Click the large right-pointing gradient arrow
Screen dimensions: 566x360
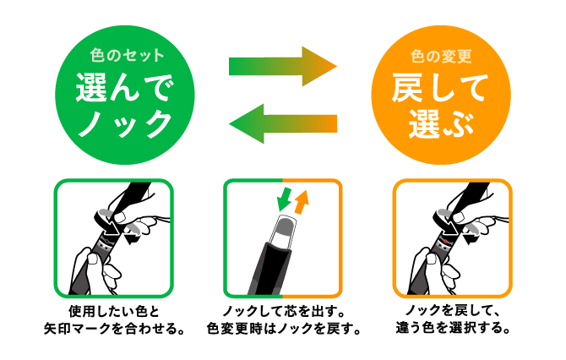click(x=283, y=67)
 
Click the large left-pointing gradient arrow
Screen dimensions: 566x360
click(x=283, y=123)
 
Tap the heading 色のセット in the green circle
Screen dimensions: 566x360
click(x=127, y=56)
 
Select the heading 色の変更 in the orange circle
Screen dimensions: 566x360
click(x=441, y=57)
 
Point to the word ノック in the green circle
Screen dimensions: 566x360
click(x=125, y=124)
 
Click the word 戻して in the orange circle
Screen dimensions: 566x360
click(x=440, y=88)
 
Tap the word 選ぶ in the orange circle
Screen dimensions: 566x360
click(x=441, y=124)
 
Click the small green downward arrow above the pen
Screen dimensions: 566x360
click(x=284, y=199)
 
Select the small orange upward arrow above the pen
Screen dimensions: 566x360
click(x=302, y=201)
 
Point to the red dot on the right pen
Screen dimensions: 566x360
click(x=445, y=241)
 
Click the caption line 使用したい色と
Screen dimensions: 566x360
click(x=114, y=311)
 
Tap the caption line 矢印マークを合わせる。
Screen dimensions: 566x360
click(x=114, y=328)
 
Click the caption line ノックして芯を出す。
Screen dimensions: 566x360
click(x=283, y=311)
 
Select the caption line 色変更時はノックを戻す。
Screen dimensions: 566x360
click(x=283, y=328)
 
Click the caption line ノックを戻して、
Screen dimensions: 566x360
click(x=452, y=311)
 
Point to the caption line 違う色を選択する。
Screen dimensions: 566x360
click(x=452, y=328)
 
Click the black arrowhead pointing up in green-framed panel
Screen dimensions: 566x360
click(x=131, y=238)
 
